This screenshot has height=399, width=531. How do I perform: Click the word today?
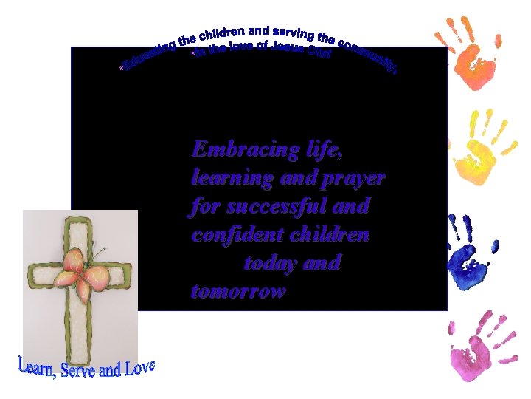[x=270, y=263]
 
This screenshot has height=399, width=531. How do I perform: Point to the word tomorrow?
[x=237, y=291]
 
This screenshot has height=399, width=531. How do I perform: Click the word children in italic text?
[x=331, y=235]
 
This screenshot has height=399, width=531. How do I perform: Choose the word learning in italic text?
[x=230, y=179]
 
